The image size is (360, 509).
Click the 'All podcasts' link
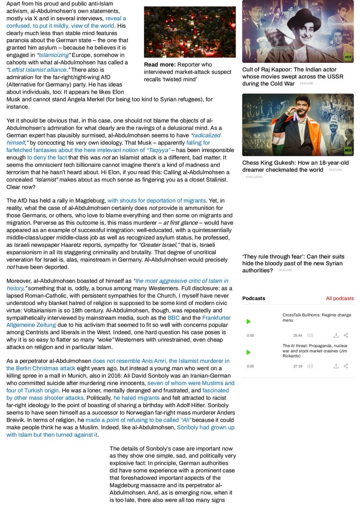tap(340, 298)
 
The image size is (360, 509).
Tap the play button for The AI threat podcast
tap(249, 352)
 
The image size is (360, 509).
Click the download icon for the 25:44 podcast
tap(336, 335)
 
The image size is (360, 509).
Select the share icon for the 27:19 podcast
tap(346, 366)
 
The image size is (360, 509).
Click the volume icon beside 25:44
tap(310, 335)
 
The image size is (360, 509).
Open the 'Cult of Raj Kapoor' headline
tap(292, 76)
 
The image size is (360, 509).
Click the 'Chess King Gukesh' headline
tap(295, 166)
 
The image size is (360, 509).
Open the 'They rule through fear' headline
tap(293, 263)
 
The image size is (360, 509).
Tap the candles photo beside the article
tap(190, 32)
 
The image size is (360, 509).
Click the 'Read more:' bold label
tap(160, 64)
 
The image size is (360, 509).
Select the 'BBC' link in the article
tap(174, 318)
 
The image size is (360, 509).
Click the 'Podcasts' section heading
tap(253, 298)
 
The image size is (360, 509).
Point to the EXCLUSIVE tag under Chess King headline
tap(254, 176)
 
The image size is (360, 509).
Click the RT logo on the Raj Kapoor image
tap(348, 57)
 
